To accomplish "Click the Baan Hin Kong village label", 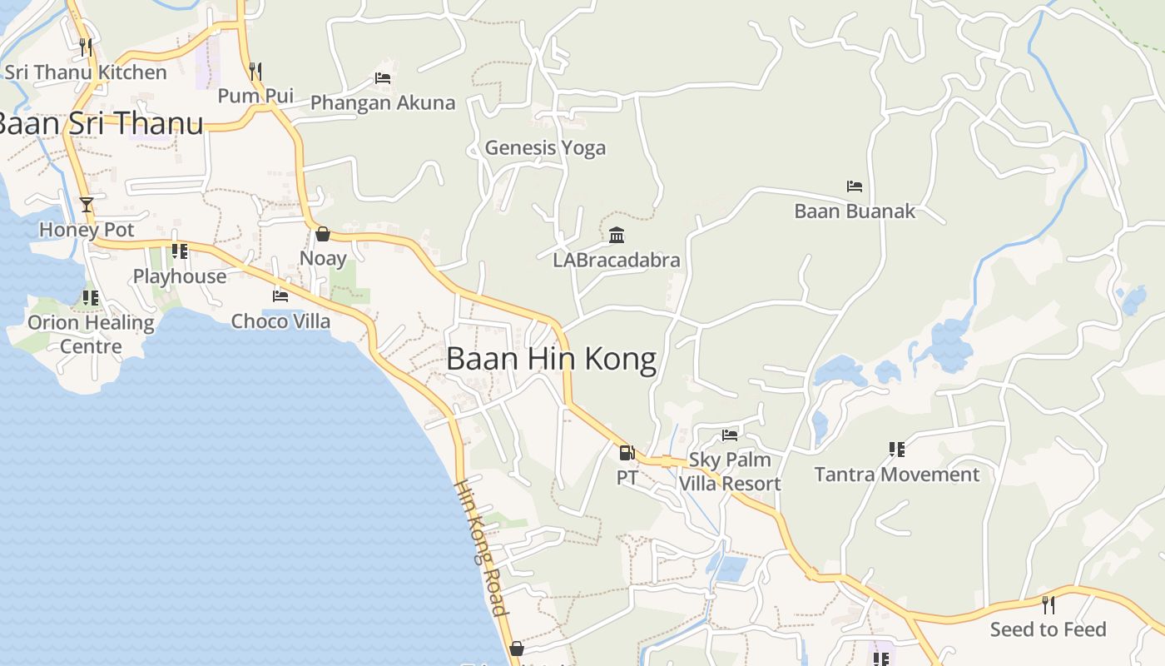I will pyautogui.click(x=551, y=359).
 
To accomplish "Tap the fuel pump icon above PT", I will pyautogui.click(x=627, y=453).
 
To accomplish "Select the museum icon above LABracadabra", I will pyautogui.click(x=617, y=236).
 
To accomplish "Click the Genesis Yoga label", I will pyautogui.click(x=545, y=148).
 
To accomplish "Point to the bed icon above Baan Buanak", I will pyautogui.click(x=854, y=186).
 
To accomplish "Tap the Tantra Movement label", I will pyautogui.click(x=896, y=475).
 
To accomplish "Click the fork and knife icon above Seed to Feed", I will pyautogui.click(x=1048, y=604).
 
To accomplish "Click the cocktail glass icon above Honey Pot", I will pyautogui.click(x=86, y=205).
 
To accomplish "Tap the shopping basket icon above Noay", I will pyautogui.click(x=322, y=234).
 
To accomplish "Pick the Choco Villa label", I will pyautogui.click(x=280, y=321).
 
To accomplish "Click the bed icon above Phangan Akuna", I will pyautogui.click(x=383, y=78).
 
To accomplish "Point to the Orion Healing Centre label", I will pyautogui.click(x=91, y=334).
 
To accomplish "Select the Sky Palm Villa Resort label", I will pyautogui.click(x=730, y=471).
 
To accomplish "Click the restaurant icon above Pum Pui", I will pyautogui.click(x=255, y=72).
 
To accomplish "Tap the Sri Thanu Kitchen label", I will pyautogui.click(x=86, y=72).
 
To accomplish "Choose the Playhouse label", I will pyautogui.click(x=180, y=276).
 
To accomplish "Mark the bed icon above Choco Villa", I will pyautogui.click(x=280, y=296).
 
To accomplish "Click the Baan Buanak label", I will pyautogui.click(x=854, y=211).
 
